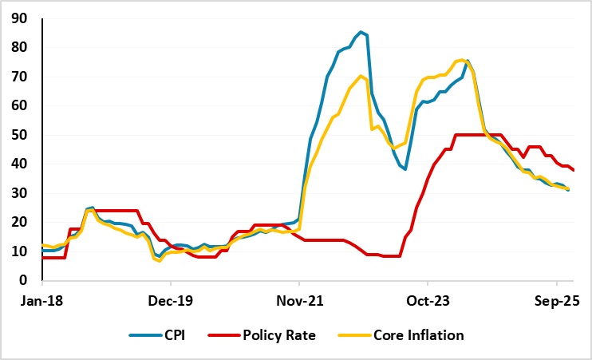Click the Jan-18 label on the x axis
pos(41,303)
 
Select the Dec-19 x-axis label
pos(170,303)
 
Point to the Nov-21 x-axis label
pos(298,303)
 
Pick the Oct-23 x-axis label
pos(428,303)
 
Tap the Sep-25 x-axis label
pos(556,303)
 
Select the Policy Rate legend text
pos(280,335)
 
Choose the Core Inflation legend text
pos(418,335)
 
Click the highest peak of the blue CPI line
pos(361,32)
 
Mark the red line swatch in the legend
pos(222,335)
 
